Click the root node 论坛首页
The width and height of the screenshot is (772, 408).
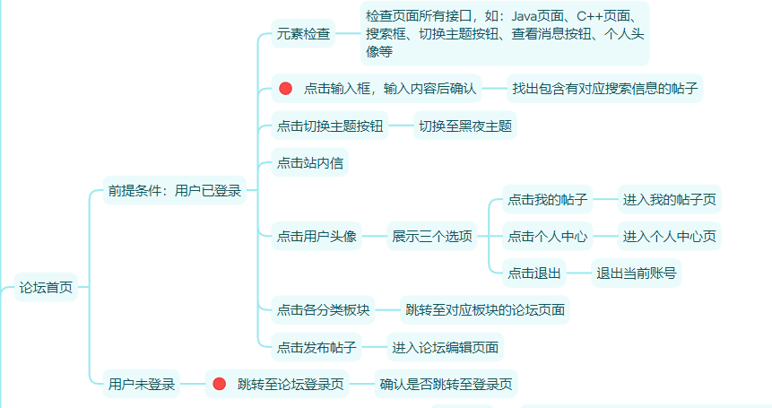[47, 288]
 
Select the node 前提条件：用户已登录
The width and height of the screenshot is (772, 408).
[174, 190]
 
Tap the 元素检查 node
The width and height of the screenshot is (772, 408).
[303, 34]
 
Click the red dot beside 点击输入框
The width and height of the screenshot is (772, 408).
[286, 88]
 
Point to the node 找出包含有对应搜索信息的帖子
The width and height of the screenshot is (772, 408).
[605, 88]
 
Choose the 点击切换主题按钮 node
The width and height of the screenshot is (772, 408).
[330, 126]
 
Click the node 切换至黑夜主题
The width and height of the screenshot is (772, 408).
[465, 126]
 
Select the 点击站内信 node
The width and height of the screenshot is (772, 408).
[310, 163]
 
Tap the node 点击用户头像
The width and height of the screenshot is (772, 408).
[317, 237]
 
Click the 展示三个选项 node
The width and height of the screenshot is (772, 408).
[432, 237]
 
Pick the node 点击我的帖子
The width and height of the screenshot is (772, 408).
[548, 199]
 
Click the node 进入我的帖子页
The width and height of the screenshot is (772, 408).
[670, 199]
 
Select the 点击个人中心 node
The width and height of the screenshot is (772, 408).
[548, 237]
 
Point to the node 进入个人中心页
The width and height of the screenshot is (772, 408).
[670, 237]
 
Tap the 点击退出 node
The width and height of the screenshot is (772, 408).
[534, 273]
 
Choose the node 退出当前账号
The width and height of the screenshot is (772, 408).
[637, 273]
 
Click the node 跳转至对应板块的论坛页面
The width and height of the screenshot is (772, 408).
[485, 310]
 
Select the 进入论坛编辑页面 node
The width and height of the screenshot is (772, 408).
[444, 347]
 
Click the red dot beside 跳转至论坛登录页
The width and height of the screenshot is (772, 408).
[220, 385]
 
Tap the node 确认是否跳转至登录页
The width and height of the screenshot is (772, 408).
[446, 385]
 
